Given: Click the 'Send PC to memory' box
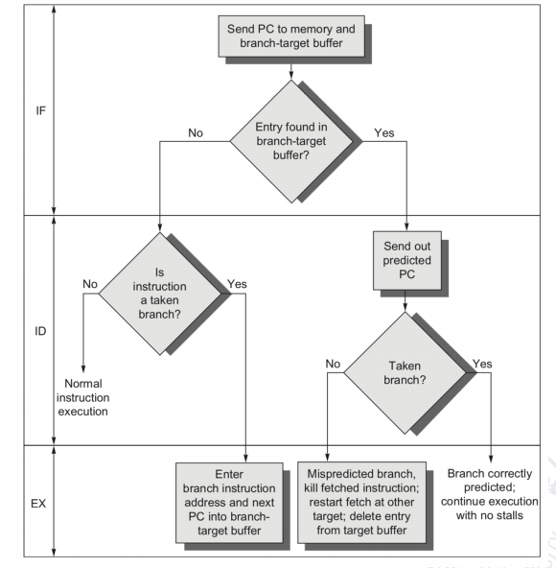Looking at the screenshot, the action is [291, 36].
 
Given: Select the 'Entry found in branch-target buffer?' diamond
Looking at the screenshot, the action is [291, 141].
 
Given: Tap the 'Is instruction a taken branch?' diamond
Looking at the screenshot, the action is [160, 294].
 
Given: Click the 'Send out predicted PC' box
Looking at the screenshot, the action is [407, 260].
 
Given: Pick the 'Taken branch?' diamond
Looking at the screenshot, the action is [405, 372].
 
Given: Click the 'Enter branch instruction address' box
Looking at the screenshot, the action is [229, 503].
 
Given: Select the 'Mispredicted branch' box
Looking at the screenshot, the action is [361, 503].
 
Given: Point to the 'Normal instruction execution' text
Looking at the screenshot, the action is [82, 397].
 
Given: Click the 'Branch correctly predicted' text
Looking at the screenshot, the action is [490, 494].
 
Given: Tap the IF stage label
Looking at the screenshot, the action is [41, 111].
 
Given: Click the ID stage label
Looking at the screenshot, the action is [40, 331].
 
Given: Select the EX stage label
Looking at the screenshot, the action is [38, 504].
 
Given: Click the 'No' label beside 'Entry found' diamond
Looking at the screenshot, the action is [196, 133].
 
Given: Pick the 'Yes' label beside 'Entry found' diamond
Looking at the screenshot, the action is [384, 133].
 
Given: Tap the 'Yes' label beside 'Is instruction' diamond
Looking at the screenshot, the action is [237, 284].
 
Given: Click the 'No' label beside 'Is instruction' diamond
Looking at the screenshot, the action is [90, 284].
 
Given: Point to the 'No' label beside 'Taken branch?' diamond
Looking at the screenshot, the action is [333, 364].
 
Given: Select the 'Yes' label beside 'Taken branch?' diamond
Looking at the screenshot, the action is [482, 364].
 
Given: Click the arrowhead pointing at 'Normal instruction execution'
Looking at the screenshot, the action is [83, 368].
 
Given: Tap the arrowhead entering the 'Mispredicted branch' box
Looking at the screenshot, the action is [327, 457].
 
